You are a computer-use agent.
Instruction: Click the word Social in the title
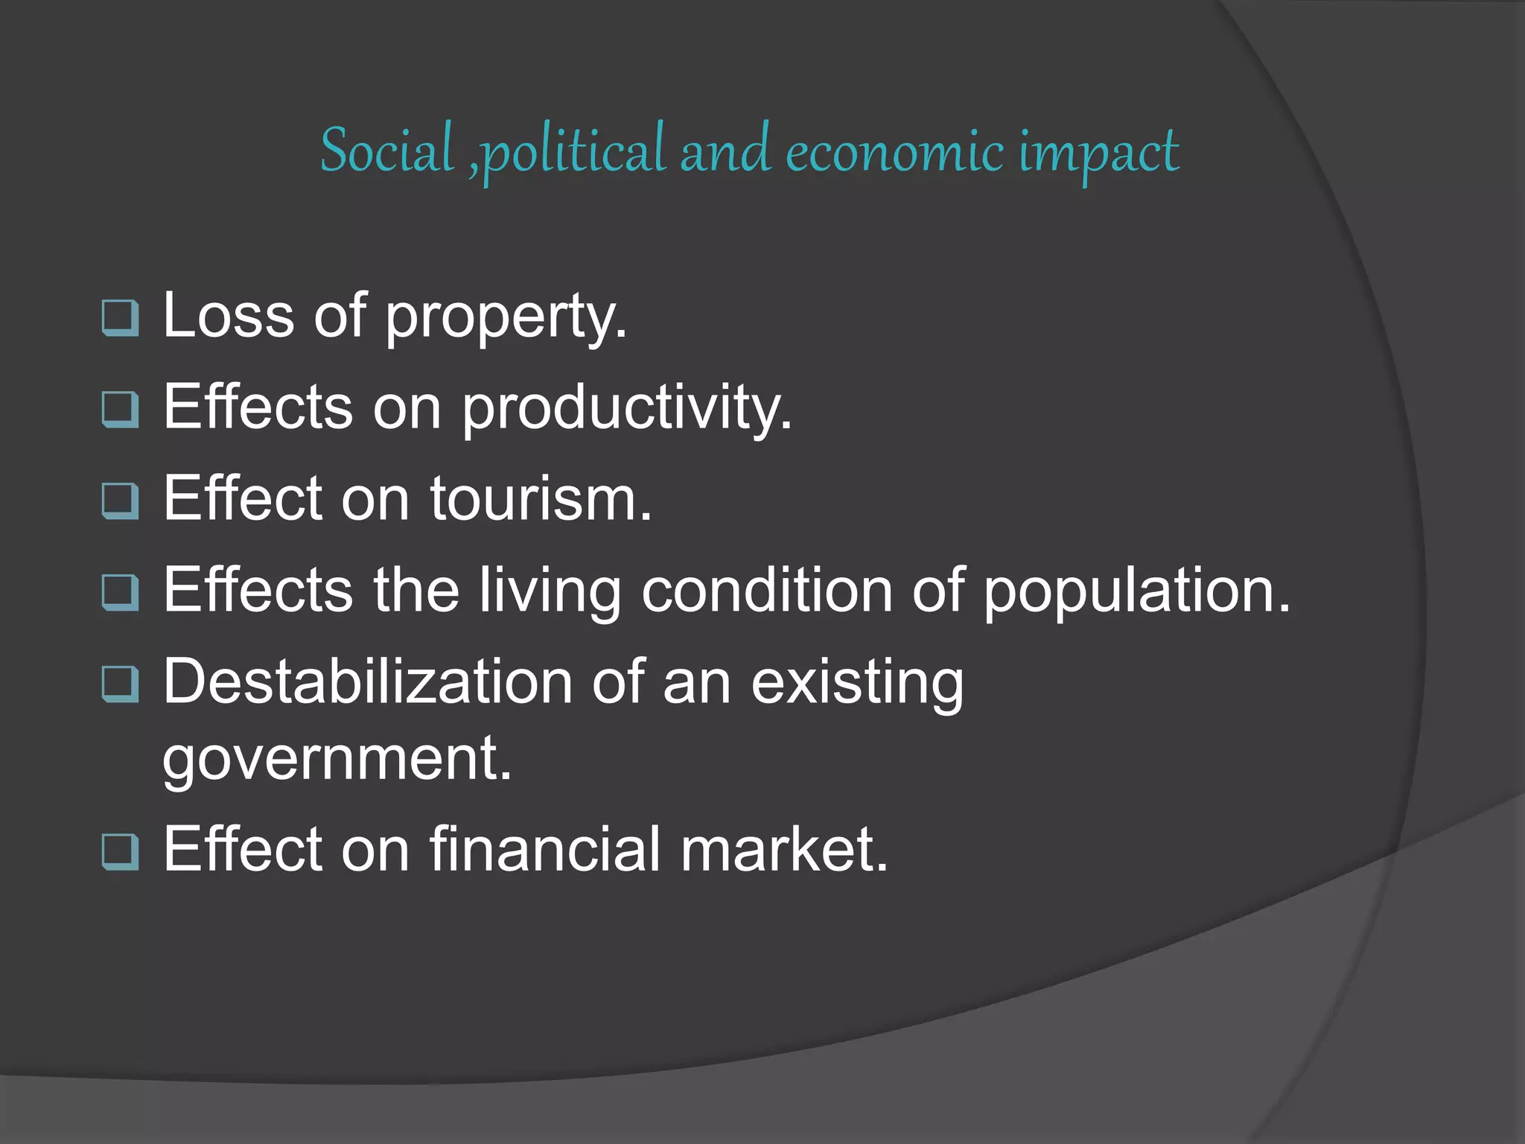point(386,151)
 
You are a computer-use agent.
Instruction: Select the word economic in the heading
point(894,153)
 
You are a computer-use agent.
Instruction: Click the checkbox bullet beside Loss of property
point(120,318)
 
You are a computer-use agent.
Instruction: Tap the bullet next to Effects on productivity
point(120,410)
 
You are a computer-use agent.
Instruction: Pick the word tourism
point(541,498)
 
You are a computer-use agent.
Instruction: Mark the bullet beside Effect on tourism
point(120,500)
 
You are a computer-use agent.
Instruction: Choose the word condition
point(767,590)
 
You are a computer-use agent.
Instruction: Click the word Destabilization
point(368,681)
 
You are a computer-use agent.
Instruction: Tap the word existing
point(857,684)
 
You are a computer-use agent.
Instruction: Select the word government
point(337,760)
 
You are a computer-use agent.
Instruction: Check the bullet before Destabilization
point(120,684)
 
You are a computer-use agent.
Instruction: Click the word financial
point(545,848)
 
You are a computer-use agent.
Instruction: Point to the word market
point(784,848)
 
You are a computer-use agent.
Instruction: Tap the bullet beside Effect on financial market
point(120,851)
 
